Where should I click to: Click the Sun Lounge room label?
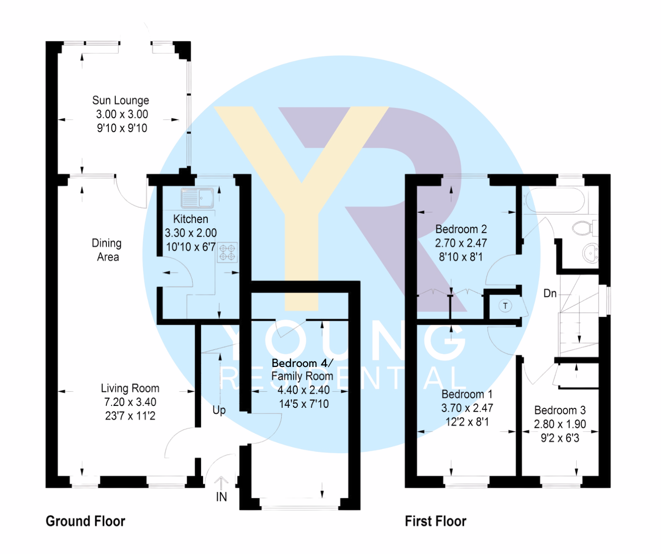[x=120, y=100]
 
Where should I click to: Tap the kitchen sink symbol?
[x=197, y=198]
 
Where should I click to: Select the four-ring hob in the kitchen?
[x=227, y=252]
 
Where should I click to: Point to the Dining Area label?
[x=107, y=250]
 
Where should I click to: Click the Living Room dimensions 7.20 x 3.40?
[x=130, y=402]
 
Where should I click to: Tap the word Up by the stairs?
[x=219, y=410]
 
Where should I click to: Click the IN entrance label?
[x=221, y=497]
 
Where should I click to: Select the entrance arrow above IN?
[x=221, y=482]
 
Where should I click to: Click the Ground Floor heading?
[x=85, y=521]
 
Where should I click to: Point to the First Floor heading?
[x=436, y=521]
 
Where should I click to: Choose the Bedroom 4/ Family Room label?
[x=302, y=369]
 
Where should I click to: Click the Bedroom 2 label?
[x=461, y=229]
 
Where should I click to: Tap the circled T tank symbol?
[x=505, y=306]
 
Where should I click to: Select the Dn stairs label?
[x=550, y=293]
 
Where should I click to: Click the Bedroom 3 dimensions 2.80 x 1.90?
[x=560, y=424]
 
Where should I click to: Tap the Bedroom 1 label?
[x=467, y=394]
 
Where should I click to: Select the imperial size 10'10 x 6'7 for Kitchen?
[x=191, y=247]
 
